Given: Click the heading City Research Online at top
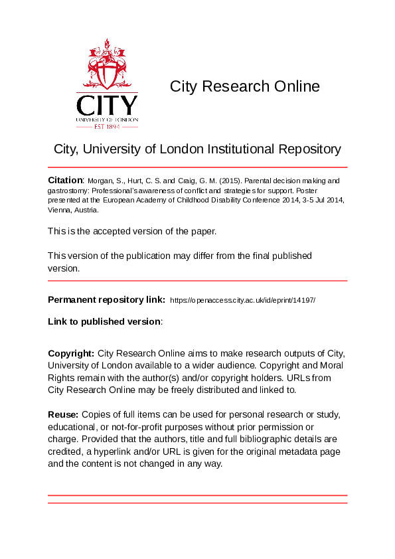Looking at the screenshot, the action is pos(244,86).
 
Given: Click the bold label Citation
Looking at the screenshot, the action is pos(65,180).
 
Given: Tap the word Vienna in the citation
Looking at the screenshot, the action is pos(61,209).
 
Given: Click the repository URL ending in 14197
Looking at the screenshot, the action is pos(243,300).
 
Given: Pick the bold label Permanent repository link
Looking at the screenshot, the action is pos(106,300).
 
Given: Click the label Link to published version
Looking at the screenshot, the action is pos(104,321).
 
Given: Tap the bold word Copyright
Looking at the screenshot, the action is pos(72,353).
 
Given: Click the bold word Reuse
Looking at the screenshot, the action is pos(63,414).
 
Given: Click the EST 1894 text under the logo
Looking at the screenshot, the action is pos(107,125).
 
